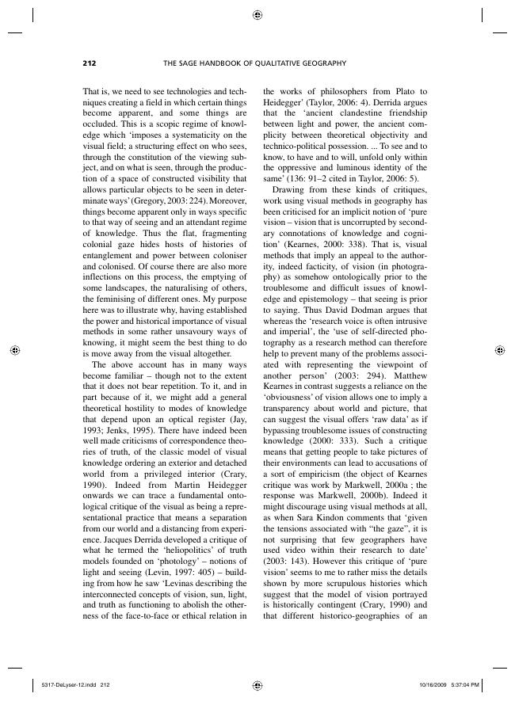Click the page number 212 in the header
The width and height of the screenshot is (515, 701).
tap(89, 63)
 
